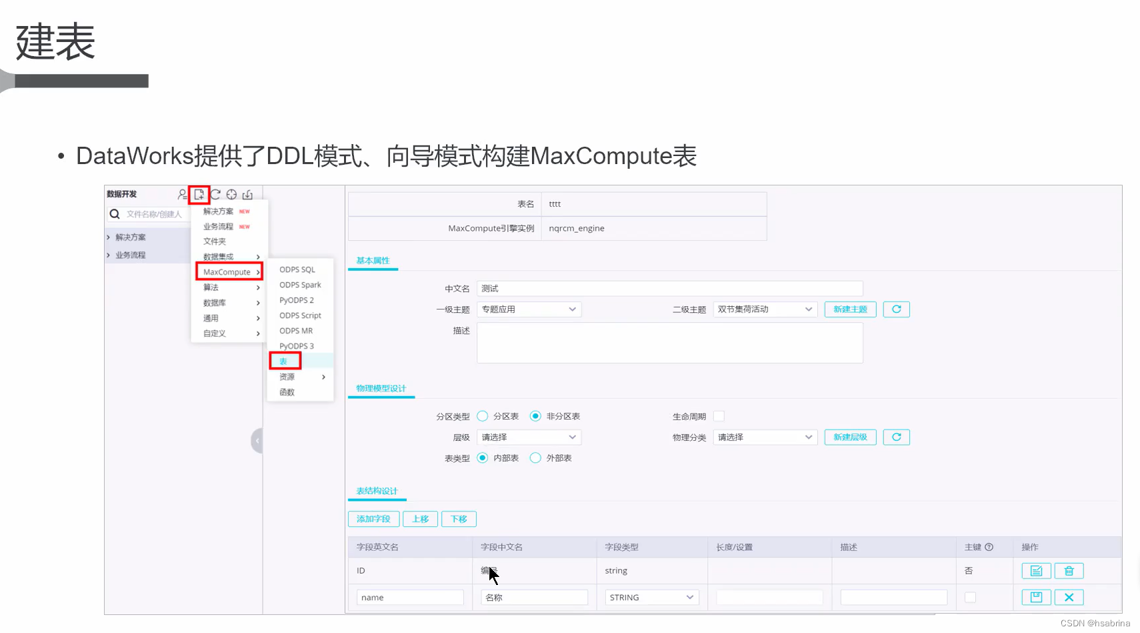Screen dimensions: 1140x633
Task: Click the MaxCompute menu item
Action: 228,272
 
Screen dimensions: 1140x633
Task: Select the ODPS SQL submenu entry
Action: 297,269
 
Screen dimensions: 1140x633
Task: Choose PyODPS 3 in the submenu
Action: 297,346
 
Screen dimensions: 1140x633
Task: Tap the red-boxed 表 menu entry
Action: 285,361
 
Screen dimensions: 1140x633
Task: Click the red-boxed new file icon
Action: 199,195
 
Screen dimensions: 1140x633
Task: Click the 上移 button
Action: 420,519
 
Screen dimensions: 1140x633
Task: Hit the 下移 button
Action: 459,519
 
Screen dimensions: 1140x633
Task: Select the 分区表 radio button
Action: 483,416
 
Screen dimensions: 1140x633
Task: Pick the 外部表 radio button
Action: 535,458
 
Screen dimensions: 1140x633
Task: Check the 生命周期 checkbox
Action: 719,416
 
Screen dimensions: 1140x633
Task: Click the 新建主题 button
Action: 850,309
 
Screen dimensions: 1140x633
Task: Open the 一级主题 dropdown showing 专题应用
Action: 529,309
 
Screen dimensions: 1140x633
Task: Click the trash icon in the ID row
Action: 1069,571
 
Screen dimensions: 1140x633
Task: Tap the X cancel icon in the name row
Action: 1069,598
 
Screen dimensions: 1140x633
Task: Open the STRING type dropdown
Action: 651,598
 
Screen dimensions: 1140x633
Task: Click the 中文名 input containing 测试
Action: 669,289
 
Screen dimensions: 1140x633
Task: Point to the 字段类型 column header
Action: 621,547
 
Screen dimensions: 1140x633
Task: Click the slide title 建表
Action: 55,41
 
